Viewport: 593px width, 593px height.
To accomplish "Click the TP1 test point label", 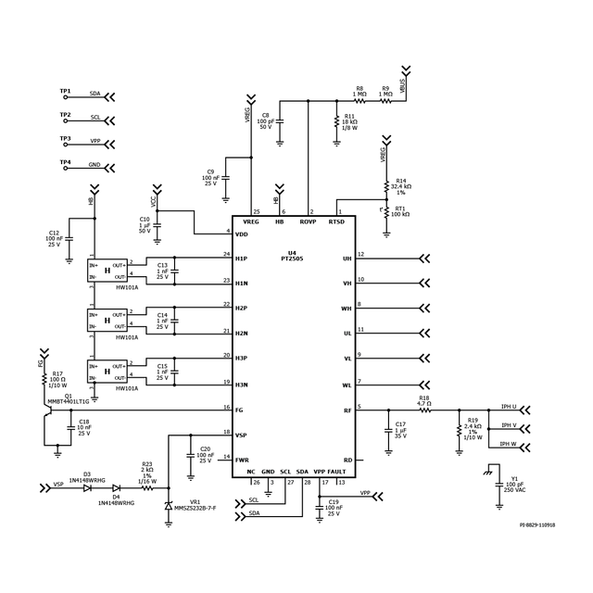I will coord(65,92).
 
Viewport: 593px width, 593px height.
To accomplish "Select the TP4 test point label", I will coord(65,163).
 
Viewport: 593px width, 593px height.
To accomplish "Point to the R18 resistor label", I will coord(424,399).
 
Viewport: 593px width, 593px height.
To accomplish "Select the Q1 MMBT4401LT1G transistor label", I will coord(70,398).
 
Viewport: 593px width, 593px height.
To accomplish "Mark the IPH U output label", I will coord(509,407).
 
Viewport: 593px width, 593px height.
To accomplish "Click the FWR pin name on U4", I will coord(241,459).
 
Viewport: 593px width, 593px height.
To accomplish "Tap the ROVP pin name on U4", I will coord(309,221).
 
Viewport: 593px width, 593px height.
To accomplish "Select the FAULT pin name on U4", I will coord(337,472).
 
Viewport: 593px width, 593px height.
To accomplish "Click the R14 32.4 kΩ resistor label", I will coord(403,186).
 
